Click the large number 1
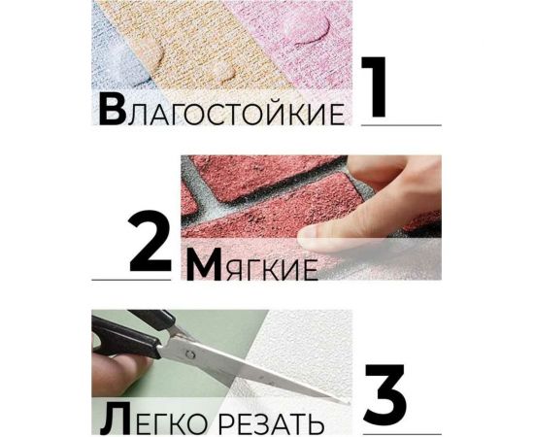pos(378,89)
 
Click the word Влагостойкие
pos(221,112)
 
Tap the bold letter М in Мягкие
pos(206,264)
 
